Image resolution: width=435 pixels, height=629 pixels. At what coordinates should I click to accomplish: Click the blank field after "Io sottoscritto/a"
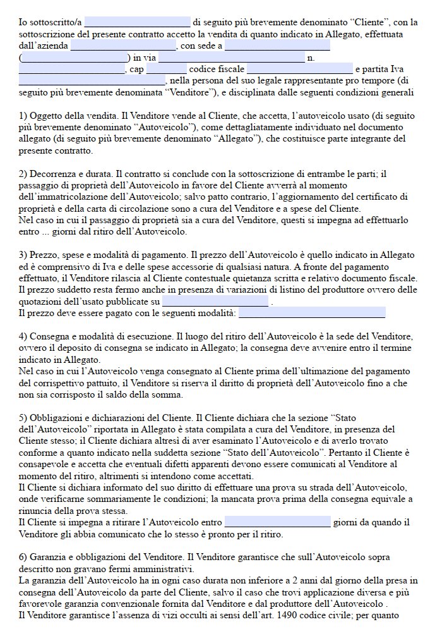pos(136,22)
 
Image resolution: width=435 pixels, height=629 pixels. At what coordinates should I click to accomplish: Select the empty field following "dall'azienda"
pos(123,46)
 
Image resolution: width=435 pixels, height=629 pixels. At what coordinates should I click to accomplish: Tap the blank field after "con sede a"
pos(277,46)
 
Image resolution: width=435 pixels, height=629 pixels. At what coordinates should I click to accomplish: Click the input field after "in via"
pos(231,58)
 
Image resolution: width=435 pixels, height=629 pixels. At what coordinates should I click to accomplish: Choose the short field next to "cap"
pos(166,69)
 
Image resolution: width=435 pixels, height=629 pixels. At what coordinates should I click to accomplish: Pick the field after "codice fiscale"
pos(300,69)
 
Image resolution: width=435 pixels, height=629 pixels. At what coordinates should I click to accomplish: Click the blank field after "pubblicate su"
pos(215,302)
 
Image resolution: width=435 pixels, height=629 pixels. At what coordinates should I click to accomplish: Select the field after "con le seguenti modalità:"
pos(312,313)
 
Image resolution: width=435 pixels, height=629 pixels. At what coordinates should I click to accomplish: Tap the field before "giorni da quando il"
pos(277,523)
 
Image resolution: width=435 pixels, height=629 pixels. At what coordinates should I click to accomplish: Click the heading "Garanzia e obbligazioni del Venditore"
pos(106,557)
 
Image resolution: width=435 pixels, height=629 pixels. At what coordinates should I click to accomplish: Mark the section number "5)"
pos(23,417)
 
